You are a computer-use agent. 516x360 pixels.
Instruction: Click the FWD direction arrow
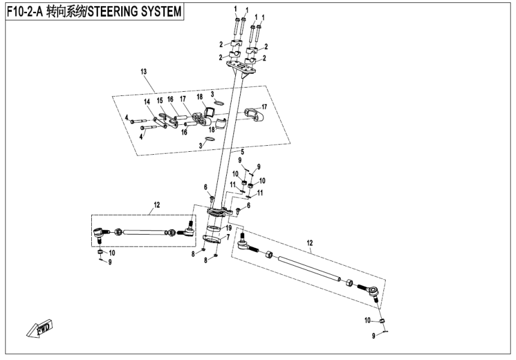click(40, 329)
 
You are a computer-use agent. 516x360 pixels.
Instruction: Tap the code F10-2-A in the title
click(27, 11)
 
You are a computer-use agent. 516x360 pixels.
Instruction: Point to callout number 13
click(143, 72)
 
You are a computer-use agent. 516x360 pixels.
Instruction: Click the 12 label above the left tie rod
click(157, 205)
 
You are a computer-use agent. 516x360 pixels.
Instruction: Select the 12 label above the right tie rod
click(310, 243)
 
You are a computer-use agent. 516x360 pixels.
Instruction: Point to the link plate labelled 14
click(160, 122)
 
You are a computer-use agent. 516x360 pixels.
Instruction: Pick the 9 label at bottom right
click(373, 337)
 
